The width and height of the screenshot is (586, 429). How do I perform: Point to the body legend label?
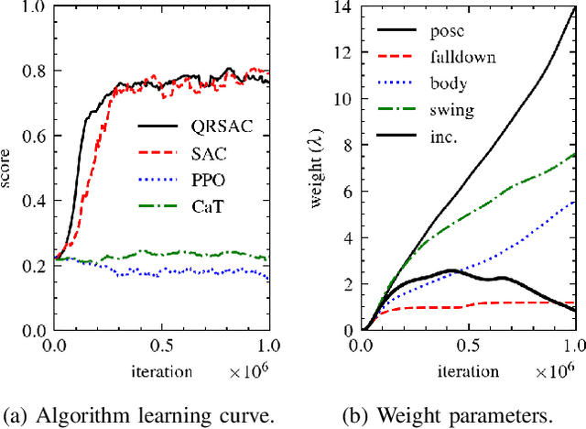coord(453,83)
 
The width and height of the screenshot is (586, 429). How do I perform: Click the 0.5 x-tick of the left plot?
coord(162,348)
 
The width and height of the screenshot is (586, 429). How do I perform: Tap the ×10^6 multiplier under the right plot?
coord(552,372)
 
